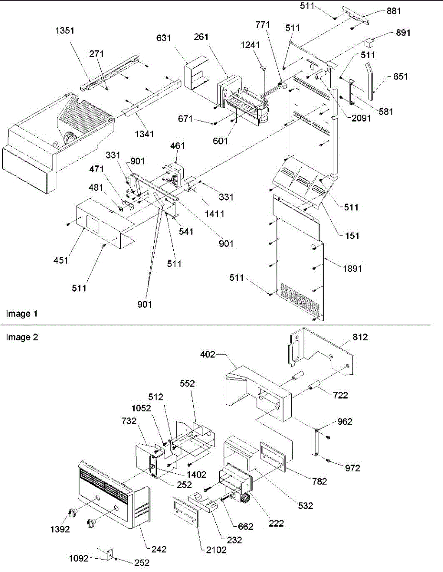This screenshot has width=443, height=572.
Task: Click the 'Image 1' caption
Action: pyautogui.click(x=21, y=314)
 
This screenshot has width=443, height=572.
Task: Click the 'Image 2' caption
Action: pyautogui.click(x=21, y=337)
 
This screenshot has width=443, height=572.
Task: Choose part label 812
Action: pyautogui.click(x=361, y=337)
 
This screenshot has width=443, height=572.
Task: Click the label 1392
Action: pyautogui.click(x=61, y=529)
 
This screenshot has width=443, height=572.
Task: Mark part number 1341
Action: pyautogui.click(x=144, y=134)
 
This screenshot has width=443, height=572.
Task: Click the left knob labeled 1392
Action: pyautogui.click(x=73, y=513)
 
